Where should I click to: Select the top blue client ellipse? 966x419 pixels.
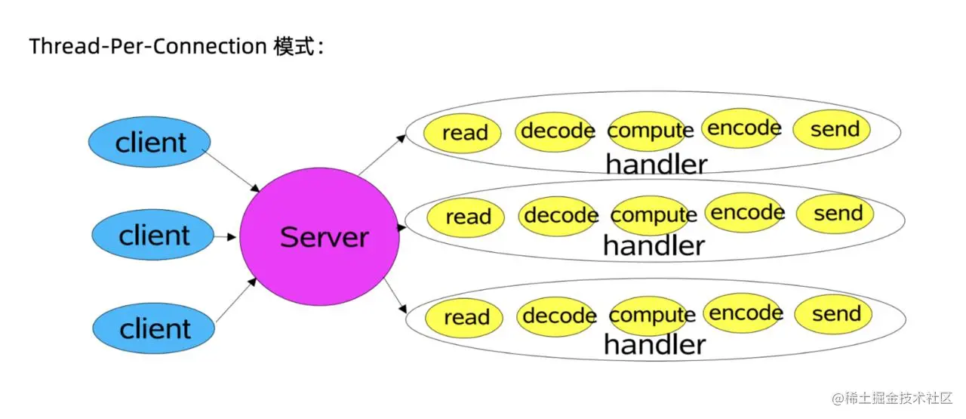(149, 142)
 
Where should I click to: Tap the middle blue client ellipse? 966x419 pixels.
(153, 236)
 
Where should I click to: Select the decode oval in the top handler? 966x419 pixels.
(557, 131)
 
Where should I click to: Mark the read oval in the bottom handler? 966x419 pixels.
(465, 317)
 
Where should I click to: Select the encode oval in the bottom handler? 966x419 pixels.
(744, 313)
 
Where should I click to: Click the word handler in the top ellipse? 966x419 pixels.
(656, 164)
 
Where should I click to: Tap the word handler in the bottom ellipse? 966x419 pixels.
(654, 345)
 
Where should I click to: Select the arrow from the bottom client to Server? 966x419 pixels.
(235, 300)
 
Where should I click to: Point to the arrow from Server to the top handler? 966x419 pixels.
(381, 155)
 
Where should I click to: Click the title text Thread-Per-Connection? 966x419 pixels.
(147, 46)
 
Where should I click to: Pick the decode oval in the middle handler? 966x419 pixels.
(560, 216)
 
